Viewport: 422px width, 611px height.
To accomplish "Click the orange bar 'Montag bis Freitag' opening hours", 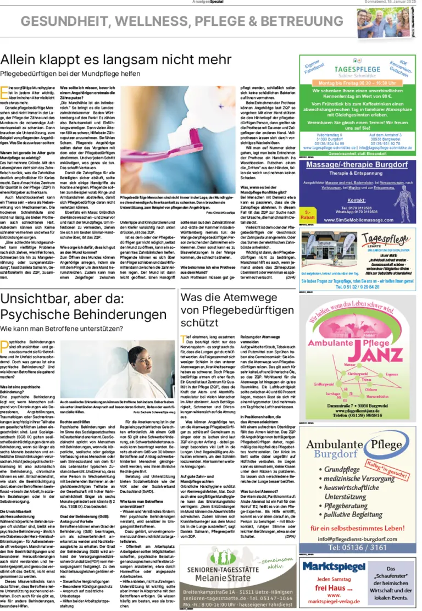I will pos(356,83).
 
